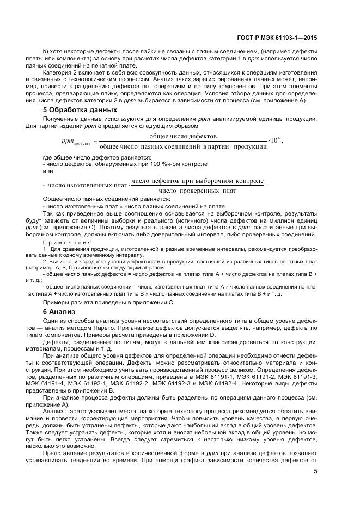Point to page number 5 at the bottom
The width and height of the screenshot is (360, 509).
point(316,471)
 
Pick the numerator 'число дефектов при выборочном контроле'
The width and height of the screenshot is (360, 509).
point(198,180)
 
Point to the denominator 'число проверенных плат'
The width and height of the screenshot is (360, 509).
point(198,191)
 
